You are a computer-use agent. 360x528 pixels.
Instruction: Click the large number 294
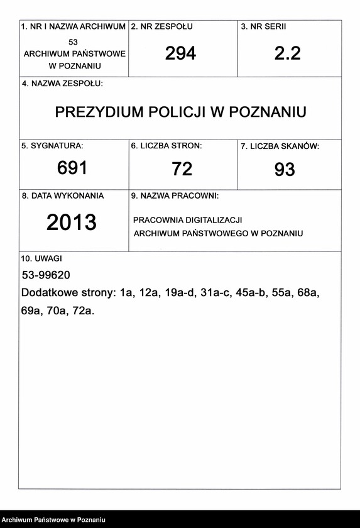(181, 54)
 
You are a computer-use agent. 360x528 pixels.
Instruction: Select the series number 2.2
(288, 54)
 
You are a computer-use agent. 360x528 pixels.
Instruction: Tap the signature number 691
(72, 168)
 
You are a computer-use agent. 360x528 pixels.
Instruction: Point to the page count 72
(182, 168)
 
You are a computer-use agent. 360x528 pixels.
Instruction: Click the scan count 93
(285, 169)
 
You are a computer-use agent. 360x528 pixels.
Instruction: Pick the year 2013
(72, 223)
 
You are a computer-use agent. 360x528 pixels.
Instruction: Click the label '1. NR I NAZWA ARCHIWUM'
(74, 27)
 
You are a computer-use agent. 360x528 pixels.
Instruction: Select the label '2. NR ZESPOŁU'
(161, 27)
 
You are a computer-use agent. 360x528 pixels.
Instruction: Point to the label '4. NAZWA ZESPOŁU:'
(62, 84)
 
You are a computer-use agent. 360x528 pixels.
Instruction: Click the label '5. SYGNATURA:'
(52, 146)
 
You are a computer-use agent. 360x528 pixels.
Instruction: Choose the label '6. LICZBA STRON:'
(166, 146)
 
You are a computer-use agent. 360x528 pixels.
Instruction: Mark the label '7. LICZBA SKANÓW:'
(280, 146)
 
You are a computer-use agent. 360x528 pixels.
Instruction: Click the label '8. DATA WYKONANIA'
(63, 195)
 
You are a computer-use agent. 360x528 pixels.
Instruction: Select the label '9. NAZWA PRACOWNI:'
(175, 196)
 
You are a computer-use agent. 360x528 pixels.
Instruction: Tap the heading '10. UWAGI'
(41, 258)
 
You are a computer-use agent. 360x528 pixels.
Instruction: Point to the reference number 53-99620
(46, 275)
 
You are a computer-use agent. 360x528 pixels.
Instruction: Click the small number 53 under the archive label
(74, 42)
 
